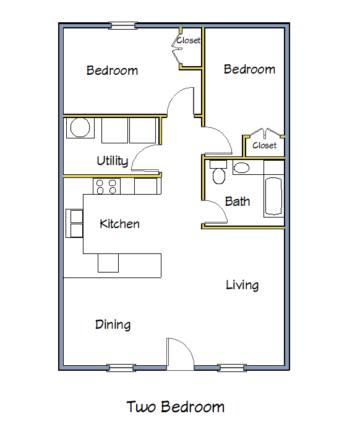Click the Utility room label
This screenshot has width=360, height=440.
(x=112, y=161)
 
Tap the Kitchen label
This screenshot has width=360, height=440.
(x=119, y=224)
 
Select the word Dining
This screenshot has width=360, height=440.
(x=113, y=324)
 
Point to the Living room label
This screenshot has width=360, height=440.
(x=242, y=285)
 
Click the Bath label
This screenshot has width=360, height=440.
(x=238, y=201)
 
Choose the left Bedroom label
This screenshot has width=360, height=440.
(x=112, y=70)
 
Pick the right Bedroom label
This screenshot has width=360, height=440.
(x=249, y=69)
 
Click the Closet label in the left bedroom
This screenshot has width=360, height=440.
(x=188, y=41)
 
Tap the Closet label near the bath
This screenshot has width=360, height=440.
(x=265, y=145)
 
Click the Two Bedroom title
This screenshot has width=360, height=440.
(x=176, y=407)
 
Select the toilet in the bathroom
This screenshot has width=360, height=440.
(x=218, y=174)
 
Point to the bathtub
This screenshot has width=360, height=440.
(x=274, y=197)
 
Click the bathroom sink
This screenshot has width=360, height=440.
(x=241, y=167)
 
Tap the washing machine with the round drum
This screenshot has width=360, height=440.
(x=80, y=129)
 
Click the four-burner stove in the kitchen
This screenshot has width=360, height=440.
(x=106, y=185)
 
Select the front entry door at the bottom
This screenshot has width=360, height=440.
(x=181, y=355)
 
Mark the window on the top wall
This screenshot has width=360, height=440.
(x=122, y=25)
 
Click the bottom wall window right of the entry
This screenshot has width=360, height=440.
(x=232, y=368)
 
